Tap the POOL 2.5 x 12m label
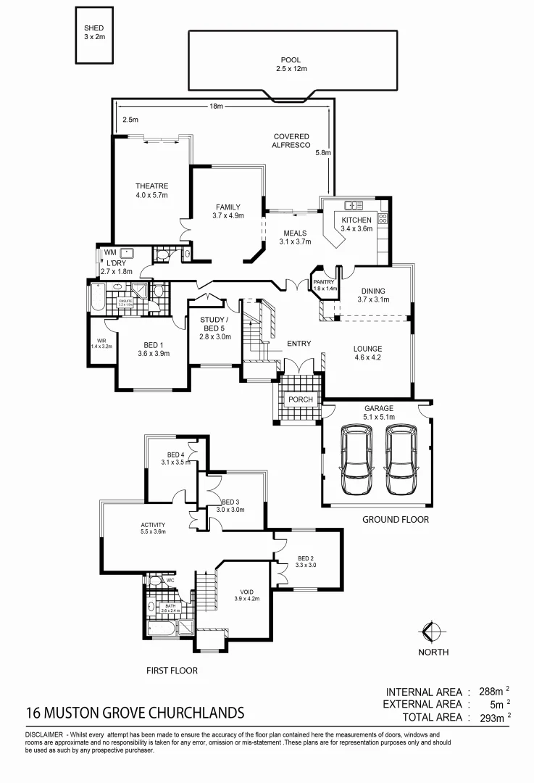(x=291, y=65)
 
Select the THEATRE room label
(x=151, y=191)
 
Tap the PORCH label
(x=300, y=399)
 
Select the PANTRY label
(x=323, y=284)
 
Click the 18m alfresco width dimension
(x=216, y=106)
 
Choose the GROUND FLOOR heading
(x=395, y=520)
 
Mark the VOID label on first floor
(x=246, y=594)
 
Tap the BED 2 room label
(x=306, y=560)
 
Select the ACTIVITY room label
(x=154, y=529)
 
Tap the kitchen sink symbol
(x=354, y=205)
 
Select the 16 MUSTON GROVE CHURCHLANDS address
(x=135, y=712)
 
